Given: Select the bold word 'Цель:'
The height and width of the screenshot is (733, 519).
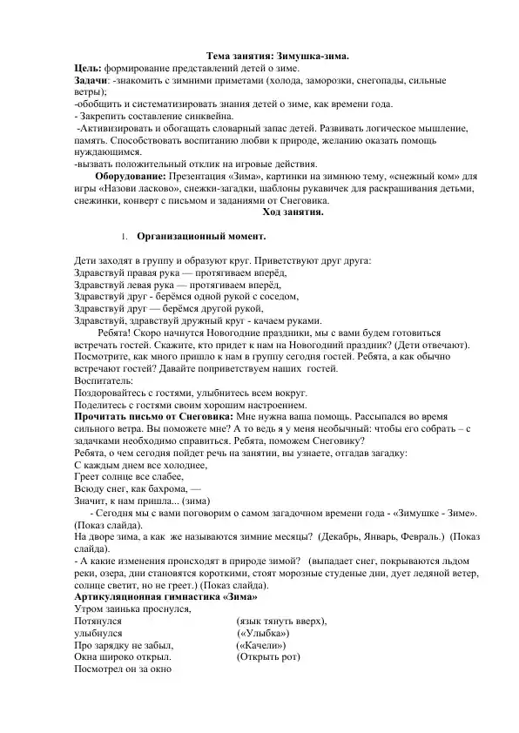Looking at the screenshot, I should click(x=88, y=67).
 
